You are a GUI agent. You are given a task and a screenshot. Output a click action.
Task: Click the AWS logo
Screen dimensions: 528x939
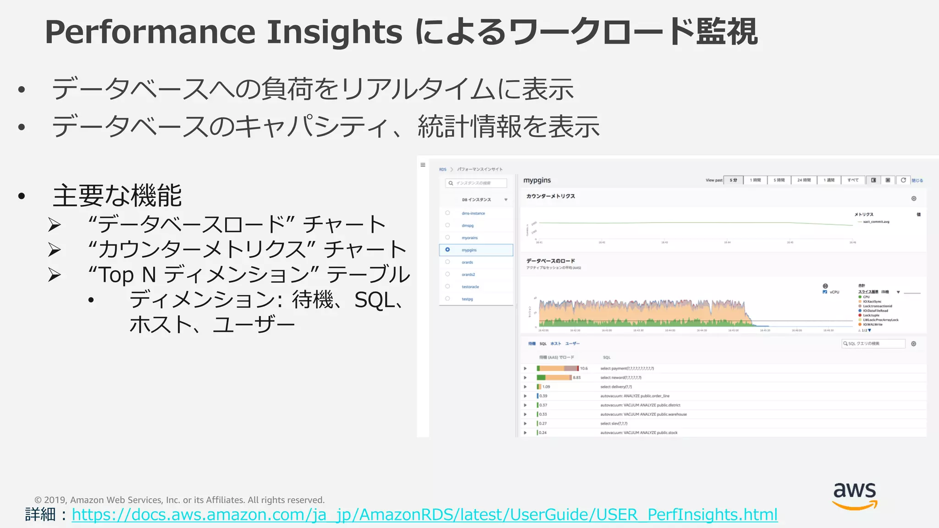[855, 495]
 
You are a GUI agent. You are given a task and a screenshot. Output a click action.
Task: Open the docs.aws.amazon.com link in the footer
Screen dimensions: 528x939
[425, 515]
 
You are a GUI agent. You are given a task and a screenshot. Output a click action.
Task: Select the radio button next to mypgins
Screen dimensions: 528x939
[447, 250]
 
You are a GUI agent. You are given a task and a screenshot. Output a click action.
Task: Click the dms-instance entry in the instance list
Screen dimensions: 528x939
[473, 214]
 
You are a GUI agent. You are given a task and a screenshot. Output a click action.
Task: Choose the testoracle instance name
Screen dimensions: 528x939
[470, 287]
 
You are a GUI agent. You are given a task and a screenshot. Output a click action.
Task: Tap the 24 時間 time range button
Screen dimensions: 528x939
[804, 180]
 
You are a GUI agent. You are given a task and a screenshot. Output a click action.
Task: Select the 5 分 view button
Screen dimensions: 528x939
[733, 180]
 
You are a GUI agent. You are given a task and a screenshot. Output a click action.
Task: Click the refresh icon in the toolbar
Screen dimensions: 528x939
[903, 180]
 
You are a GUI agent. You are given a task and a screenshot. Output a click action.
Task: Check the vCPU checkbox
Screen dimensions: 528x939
[825, 292]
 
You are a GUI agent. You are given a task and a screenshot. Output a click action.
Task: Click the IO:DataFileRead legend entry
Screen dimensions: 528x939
[875, 311]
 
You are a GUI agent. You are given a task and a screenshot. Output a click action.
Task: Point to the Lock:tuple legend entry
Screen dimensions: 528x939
[871, 315]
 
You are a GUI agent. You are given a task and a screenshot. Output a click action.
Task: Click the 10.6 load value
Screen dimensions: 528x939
[584, 368]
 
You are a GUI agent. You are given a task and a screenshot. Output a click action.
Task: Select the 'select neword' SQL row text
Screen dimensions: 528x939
[621, 378]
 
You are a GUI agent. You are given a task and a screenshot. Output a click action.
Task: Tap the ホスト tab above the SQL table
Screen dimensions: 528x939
[556, 344]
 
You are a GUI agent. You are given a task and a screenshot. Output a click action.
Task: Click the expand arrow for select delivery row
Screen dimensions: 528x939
[525, 387]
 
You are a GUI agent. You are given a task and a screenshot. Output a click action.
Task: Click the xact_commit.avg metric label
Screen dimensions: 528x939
[876, 222]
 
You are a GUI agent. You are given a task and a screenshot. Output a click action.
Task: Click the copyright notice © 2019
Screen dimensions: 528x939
[179, 500]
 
